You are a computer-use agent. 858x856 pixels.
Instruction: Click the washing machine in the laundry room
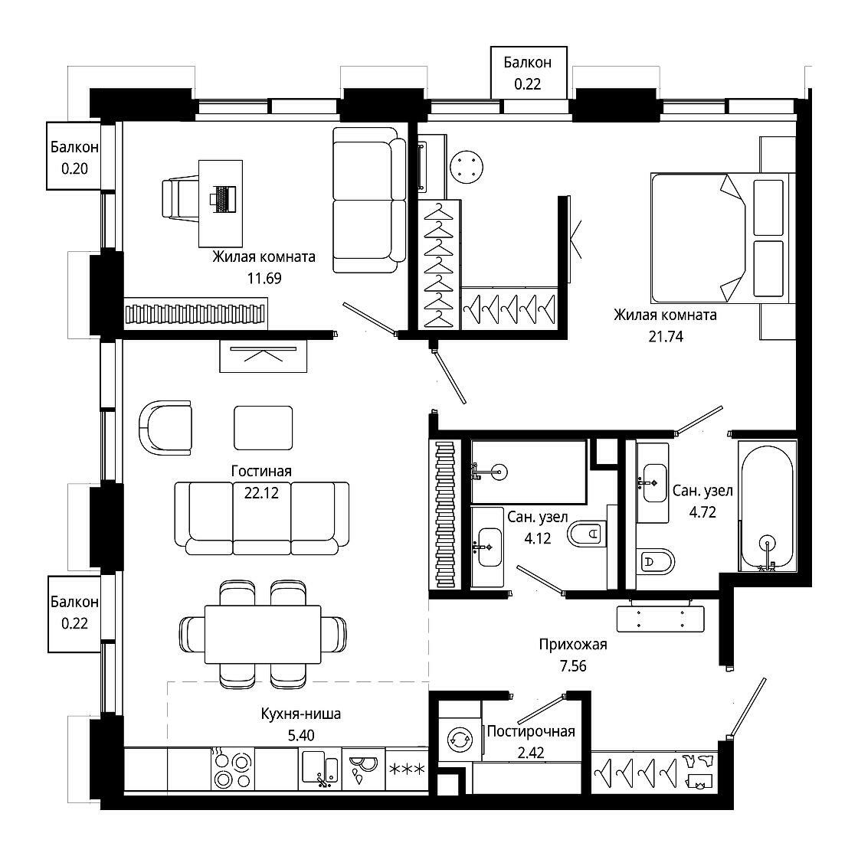pyautogui.click(x=460, y=739)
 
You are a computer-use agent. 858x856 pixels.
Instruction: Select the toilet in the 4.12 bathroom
pyautogui.click(x=586, y=534)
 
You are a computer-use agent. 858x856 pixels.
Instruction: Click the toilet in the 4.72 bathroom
pyautogui.click(x=656, y=561)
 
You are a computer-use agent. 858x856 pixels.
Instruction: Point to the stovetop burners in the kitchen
pyautogui.click(x=233, y=769)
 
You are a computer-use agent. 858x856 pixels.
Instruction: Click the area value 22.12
pyautogui.click(x=261, y=493)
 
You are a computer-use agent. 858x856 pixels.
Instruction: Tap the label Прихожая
pyautogui.click(x=573, y=645)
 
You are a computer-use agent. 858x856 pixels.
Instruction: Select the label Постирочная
pyautogui.click(x=531, y=731)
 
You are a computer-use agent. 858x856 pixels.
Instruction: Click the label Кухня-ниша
pyautogui.click(x=300, y=714)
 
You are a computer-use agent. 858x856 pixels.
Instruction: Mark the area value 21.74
pyautogui.click(x=666, y=336)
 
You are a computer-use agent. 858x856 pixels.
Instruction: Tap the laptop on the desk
pyautogui.click(x=223, y=200)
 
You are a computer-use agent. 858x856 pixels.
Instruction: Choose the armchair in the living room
pyautogui.click(x=165, y=428)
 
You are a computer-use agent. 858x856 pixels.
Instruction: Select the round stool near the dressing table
pyautogui.click(x=467, y=167)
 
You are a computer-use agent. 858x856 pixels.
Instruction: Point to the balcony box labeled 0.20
pyautogui.click(x=74, y=156)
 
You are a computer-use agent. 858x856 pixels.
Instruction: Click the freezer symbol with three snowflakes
pyautogui.click(x=407, y=769)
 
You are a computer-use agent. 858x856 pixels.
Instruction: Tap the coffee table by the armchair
pyautogui.click(x=264, y=428)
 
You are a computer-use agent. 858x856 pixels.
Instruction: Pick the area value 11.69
pyautogui.click(x=264, y=278)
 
